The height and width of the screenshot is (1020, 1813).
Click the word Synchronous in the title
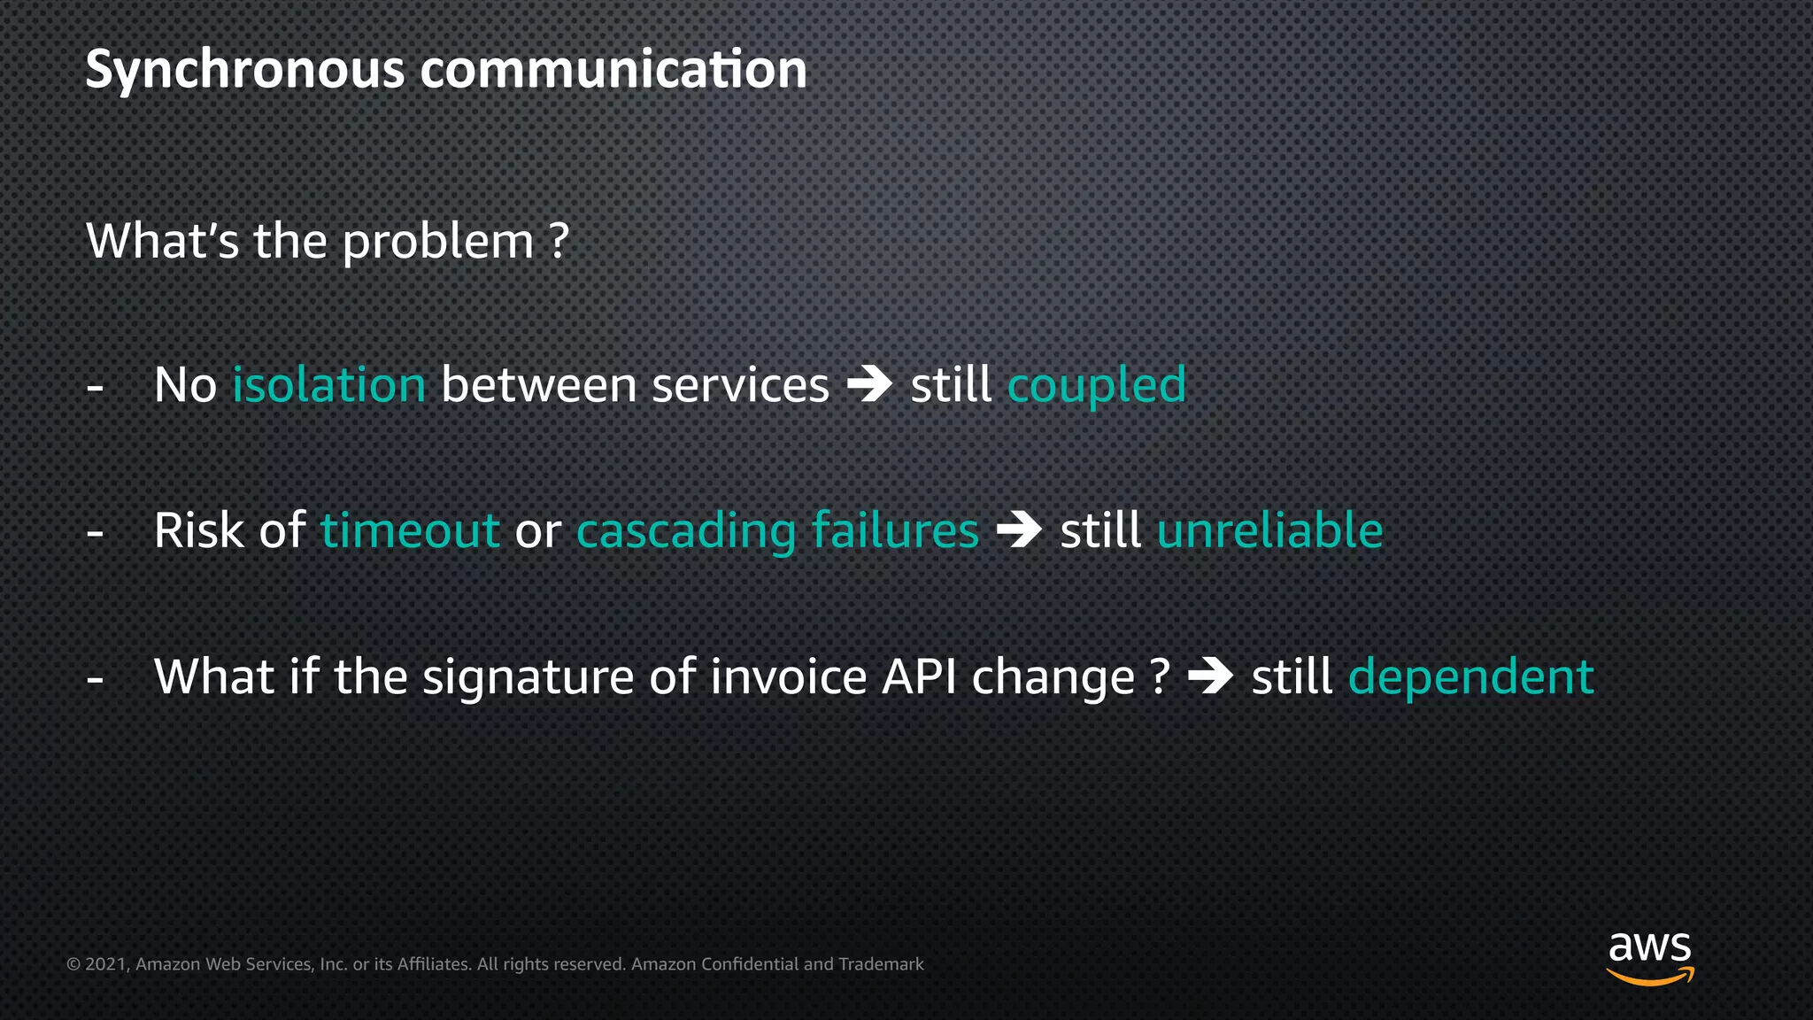click(244, 71)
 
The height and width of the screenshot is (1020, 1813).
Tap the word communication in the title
click(613, 71)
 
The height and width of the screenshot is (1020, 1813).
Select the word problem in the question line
click(438, 243)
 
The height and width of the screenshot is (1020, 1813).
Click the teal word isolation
click(329, 386)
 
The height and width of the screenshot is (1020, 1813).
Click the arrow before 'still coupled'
click(870, 385)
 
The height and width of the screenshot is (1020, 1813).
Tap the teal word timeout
click(410, 531)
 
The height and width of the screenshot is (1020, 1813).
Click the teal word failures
click(895, 531)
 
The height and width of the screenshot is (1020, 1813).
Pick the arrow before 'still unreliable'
click(1020, 530)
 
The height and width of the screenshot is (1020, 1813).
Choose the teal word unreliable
click(1269, 531)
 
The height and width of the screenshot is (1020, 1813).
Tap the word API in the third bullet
click(919, 677)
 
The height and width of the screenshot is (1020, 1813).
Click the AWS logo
click(1649, 957)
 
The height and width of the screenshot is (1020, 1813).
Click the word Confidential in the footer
click(749, 964)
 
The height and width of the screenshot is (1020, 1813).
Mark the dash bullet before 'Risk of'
click(96, 533)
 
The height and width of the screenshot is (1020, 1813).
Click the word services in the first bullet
click(740, 386)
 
